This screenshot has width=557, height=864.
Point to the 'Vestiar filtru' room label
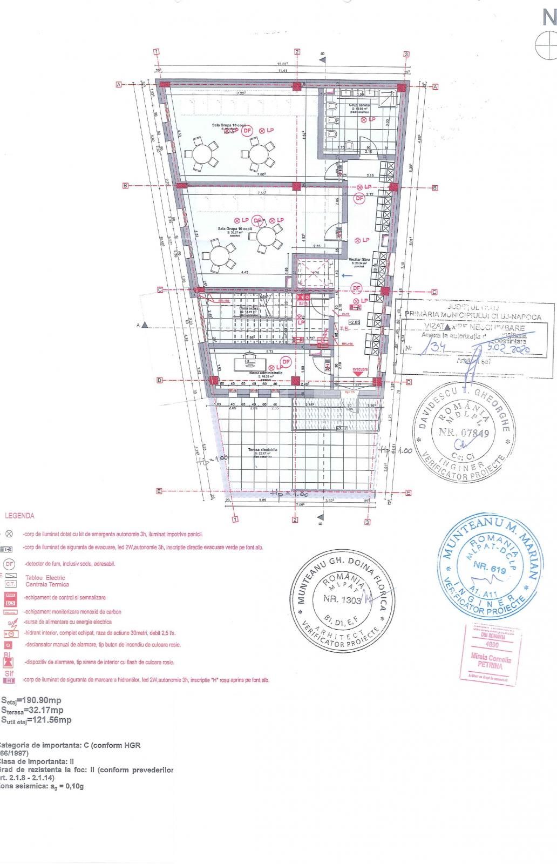tap(358, 260)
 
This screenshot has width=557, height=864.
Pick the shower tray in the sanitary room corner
tap(387, 99)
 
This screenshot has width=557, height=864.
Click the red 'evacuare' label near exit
tap(360, 369)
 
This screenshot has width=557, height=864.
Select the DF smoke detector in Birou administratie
tap(286, 361)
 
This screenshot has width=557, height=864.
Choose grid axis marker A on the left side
tap(118, 85)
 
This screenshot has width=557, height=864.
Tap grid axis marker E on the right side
tap(409, 492)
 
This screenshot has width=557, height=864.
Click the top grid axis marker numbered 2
tap(297, 52)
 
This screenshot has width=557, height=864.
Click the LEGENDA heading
tap(19, 516)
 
